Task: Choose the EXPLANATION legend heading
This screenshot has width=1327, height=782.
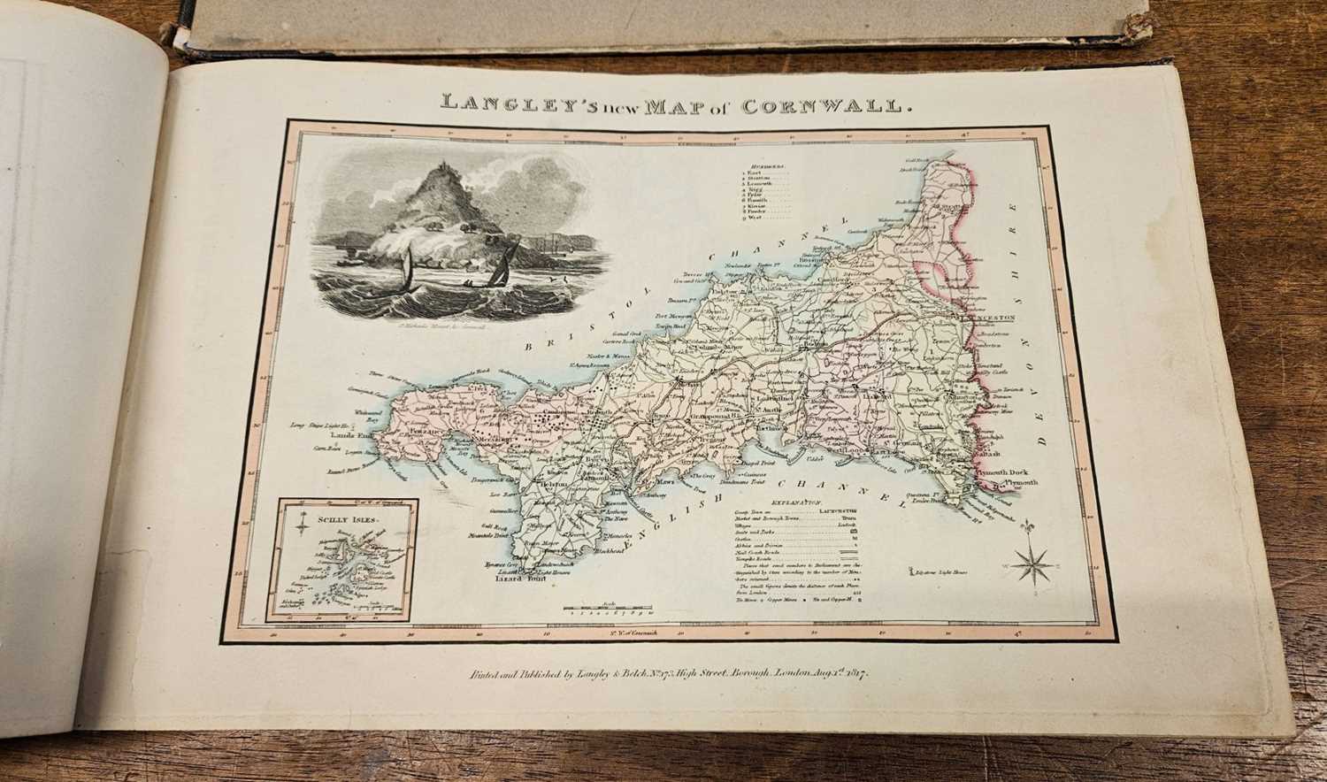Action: [791, 502]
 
